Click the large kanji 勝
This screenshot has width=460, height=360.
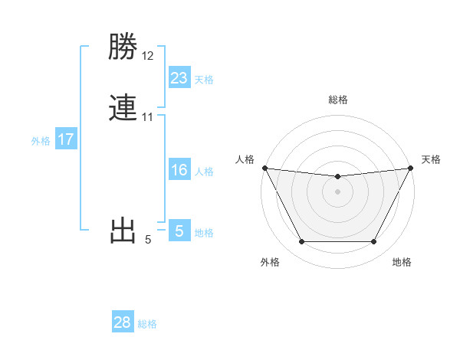coord(123,48)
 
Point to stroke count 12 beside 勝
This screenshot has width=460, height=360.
coord(148,56)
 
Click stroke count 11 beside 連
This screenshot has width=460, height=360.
coord(147,117)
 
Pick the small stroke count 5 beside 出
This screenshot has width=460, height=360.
coord(148,240)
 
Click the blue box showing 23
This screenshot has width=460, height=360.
coord(179,77)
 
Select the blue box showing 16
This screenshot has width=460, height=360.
coord(179,170)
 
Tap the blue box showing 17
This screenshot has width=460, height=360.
coord(66,139)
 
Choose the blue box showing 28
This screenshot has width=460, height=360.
coord(123,322)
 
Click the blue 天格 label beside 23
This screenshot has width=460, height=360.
coord(204,80)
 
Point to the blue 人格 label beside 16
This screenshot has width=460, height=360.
coord(204,172)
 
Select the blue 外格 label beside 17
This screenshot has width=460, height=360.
coord(41,141)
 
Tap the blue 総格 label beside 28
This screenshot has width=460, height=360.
coord(148,324)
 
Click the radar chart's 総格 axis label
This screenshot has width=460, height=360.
coord(338,100)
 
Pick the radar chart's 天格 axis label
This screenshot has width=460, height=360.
coord(432,159)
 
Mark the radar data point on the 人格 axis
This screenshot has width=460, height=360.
coord(264,168)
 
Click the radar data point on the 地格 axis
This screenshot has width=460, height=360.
coord(374,242)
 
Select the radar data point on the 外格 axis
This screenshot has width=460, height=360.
coord(301,242)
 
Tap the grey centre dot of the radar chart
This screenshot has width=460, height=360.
coord(337,191)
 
